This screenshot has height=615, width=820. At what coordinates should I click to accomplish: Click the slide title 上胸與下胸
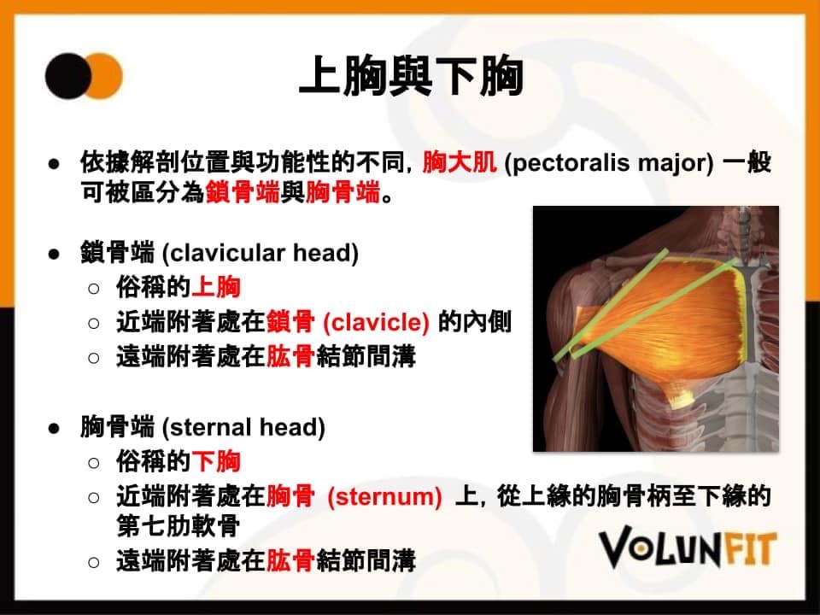point(411,76)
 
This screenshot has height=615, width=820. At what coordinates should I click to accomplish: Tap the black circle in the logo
point(67,76)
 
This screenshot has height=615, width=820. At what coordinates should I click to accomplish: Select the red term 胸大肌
point(460,161)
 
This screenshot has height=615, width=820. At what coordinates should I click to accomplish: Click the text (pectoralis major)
point(608,162)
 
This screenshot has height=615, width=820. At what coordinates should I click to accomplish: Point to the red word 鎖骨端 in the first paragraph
point(243,192)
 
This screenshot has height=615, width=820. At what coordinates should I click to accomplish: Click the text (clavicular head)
point(261,253)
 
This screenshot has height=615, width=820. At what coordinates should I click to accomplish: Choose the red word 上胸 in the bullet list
point(216,287)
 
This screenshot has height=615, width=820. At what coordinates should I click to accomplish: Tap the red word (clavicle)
point(376,322)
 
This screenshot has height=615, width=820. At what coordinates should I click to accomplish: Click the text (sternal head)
point(243,427)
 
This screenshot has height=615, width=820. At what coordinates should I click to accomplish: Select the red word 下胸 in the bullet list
point(216,461)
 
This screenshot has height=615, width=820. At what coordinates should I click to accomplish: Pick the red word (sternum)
point(384,497)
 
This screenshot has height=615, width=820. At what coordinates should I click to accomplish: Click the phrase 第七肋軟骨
point(179,525)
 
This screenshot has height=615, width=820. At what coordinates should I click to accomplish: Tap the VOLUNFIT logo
point(687,547)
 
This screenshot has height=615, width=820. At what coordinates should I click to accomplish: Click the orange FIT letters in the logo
point(748,549)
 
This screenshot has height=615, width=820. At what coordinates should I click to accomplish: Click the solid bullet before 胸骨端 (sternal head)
point(54,428)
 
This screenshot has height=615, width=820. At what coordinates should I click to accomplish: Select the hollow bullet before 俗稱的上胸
point(94,288)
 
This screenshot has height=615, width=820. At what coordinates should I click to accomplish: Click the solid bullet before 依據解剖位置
point(54,164)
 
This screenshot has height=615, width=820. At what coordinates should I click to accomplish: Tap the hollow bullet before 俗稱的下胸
point(94,462)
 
